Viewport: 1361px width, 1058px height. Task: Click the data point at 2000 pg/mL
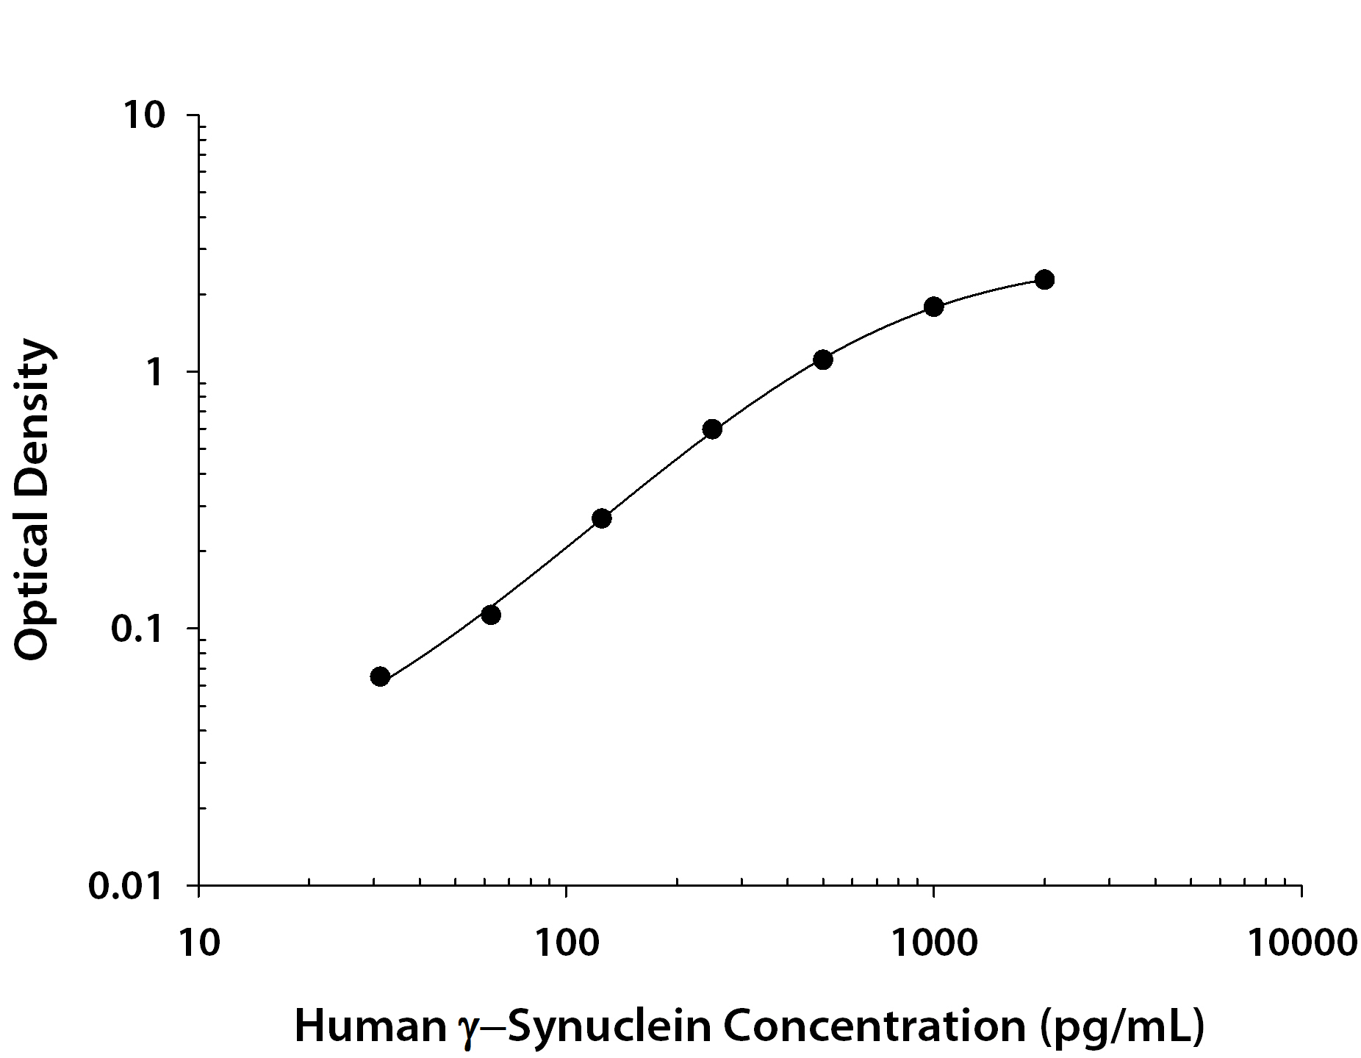[1044, 279]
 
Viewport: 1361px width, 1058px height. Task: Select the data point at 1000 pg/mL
[933, 307]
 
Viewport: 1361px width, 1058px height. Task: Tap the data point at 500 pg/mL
[823, 360]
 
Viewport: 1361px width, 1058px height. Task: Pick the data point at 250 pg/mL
[712, 429]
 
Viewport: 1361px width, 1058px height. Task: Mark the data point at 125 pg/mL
[601, 518]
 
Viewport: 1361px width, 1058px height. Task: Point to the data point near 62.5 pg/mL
[491, 615]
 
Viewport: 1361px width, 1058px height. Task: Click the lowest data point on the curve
[380, 676]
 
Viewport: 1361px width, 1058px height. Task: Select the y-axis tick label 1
[154, 373]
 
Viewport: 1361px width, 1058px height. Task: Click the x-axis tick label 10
[198, 943]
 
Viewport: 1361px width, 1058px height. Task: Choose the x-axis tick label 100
[566, 943]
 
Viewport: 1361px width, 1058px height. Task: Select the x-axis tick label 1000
[933, 943]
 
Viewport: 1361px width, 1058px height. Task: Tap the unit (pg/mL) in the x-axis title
[1122, 1027]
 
